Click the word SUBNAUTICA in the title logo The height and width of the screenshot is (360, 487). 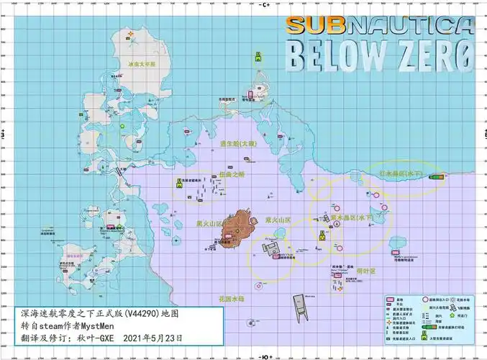381,26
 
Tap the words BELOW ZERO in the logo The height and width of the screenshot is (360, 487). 381,55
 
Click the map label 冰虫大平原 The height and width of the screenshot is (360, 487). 142,63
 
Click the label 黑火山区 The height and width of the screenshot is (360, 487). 210,224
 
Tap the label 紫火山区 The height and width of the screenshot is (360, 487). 278,220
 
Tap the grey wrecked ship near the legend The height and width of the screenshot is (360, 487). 301,307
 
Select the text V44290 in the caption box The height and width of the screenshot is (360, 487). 150,315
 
